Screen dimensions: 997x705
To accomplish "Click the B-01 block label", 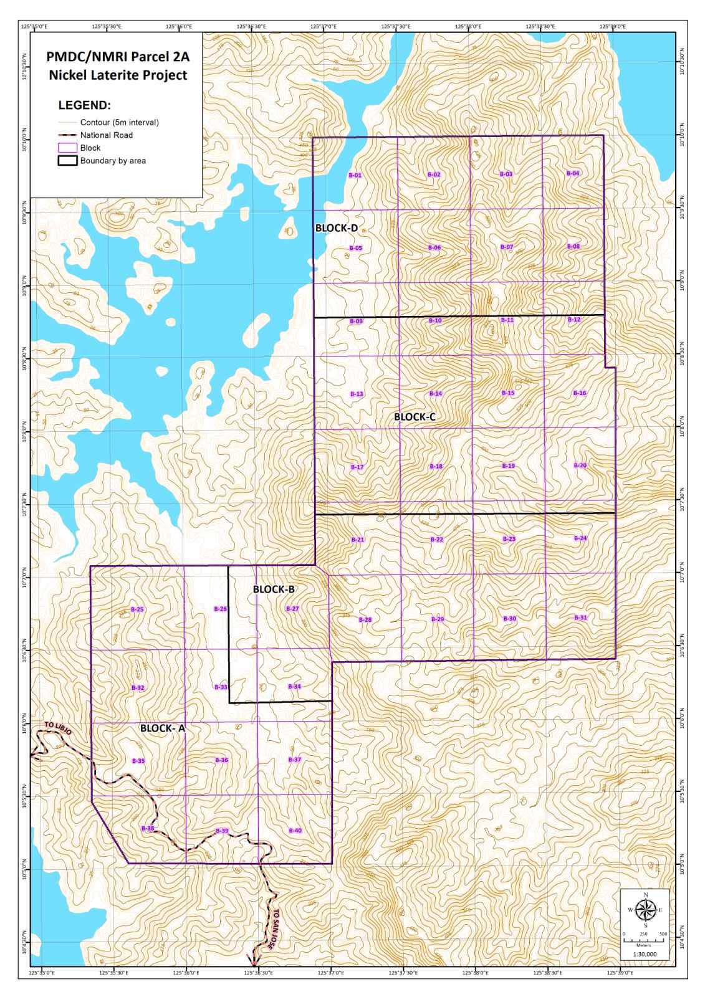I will click(x=355, y=175).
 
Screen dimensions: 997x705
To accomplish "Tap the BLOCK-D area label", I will click(x=336, y=228).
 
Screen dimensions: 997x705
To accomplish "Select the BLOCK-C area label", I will click(x=415, y=417).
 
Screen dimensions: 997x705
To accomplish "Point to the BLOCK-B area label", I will click(x=274, y=589).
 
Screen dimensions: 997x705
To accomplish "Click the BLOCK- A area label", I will click(x=162, y=728).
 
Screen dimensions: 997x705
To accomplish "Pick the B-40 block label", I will click(x=295, y=831).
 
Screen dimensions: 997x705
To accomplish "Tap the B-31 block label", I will click(x=580, y=618).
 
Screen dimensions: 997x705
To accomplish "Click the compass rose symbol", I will click(x=645, y=910).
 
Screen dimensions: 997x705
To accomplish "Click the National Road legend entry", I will click(x=106, y=135).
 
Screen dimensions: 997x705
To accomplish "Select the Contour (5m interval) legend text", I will click(x=119, y=122).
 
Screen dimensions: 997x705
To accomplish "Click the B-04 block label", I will click(x=572, y=173).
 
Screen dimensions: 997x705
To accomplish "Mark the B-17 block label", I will click(x=357, y=467).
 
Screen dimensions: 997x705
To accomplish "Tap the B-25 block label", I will click(x=137, y=609).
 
